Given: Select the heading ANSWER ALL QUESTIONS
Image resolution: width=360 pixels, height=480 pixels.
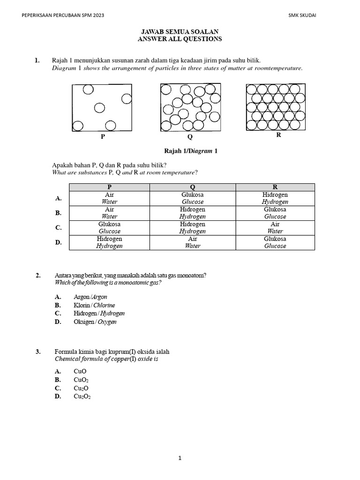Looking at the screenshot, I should pyautogui.click(x=180, y=39).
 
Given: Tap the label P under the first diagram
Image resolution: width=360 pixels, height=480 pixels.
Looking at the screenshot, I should pyautogui.click(x=103, y=137).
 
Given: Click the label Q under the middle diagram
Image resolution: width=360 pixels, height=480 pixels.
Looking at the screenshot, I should pyautogui.click(x=190, y=137).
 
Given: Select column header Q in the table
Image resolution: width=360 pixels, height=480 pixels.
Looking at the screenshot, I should pyautogui.click(x=192, y=187).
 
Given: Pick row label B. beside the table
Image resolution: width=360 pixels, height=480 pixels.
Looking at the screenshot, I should pyautogui.click(x=59, y=213).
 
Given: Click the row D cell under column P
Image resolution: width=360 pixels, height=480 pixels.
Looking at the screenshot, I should pyautogui.click(x=110, y=242).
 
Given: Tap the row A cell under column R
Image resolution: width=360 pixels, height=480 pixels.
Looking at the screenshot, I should pyautogui.click(x=275, y=198).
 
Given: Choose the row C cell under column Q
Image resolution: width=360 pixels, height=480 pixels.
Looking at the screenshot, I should pyautogui.click(x=192, y=228).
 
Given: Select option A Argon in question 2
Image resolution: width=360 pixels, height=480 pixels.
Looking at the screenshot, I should pyautogui.click(x=90, y=297).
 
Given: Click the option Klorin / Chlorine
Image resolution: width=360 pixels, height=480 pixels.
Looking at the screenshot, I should pyautogui.click(x=94, y=305).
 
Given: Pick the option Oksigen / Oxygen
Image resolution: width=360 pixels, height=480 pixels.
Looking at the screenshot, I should pyautogui.click(x=95, y=322).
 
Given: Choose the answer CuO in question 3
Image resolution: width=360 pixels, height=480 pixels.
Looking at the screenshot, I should pyautogui.click(x=80, y=371).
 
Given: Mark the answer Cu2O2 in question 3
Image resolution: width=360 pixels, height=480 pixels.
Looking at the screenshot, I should pyautogui.click(x=82, y=397).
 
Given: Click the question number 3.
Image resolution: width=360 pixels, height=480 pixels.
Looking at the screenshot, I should pyautogui.click(x=38, y=352).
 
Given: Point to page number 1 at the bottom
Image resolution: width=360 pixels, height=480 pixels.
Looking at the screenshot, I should pyautogui.click(x=180, y=459).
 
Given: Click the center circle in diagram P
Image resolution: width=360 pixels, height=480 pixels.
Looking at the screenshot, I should pyautogui.click(x=99, y=108).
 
